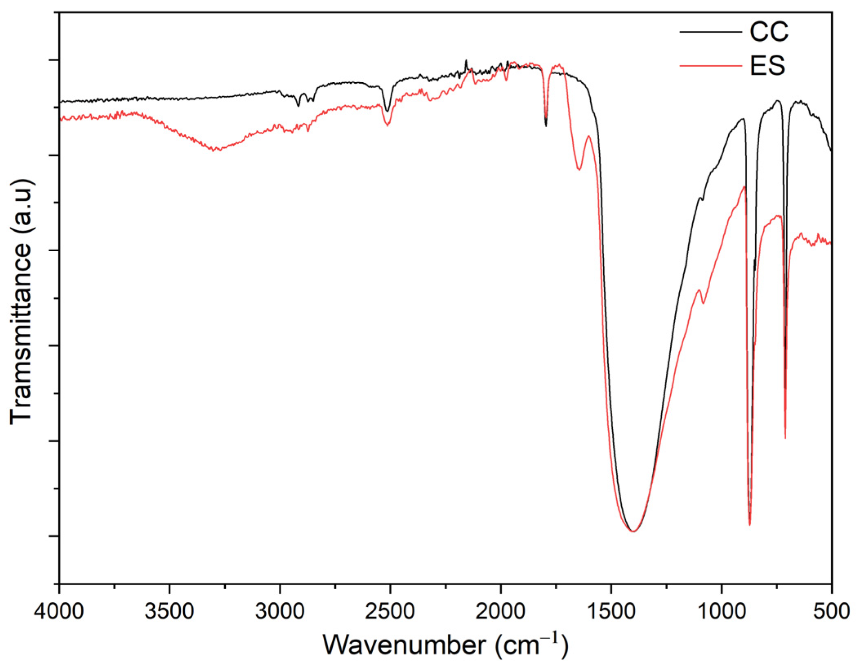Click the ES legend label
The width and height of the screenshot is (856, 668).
point(767,66)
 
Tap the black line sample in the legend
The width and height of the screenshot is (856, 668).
point(710,32)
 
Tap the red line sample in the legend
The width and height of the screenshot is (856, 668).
point(710,66)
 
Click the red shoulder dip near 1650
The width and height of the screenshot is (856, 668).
point(579,169)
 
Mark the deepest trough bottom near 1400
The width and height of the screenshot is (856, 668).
point(633,531)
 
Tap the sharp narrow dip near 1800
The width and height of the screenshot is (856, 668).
point(546,124)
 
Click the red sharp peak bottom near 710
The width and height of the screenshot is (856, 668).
point(785,437)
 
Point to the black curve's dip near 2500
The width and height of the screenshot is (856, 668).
point(387,111)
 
